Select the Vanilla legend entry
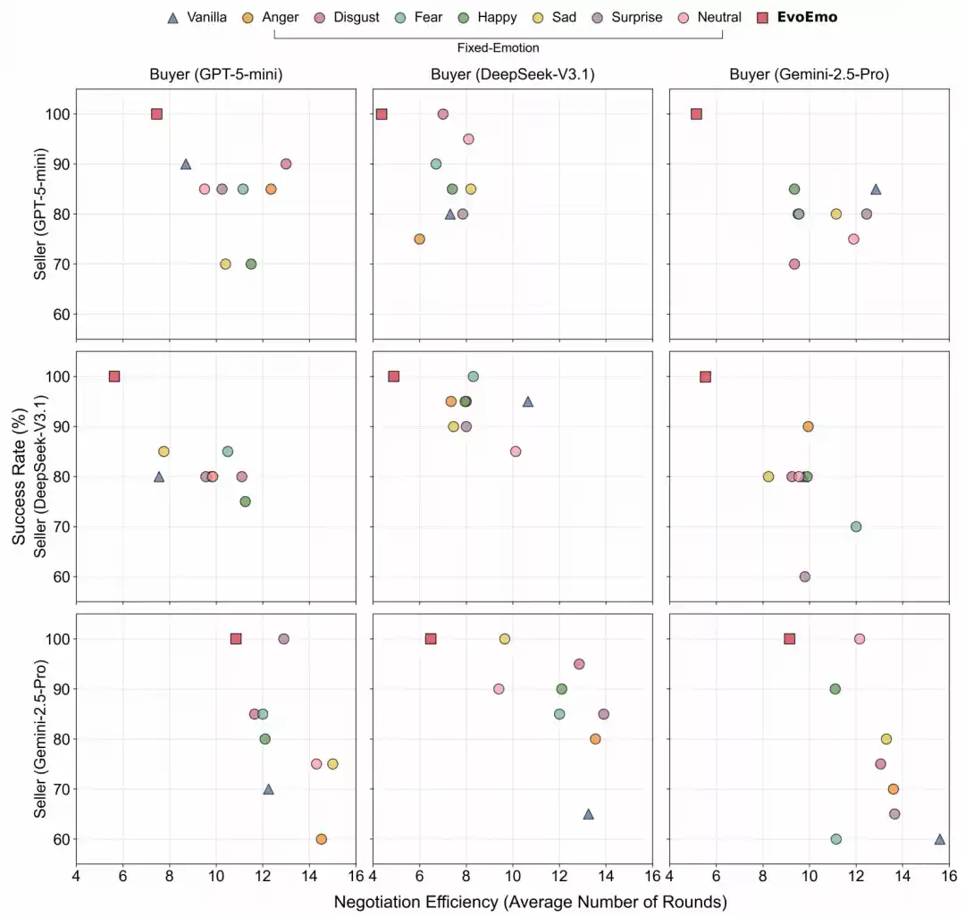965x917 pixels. [198, 17]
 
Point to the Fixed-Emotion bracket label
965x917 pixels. [498, 47]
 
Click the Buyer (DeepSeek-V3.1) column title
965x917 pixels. [512, 74]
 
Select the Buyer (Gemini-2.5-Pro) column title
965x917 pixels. [809, 74]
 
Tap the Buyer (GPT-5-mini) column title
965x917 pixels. [215, 74]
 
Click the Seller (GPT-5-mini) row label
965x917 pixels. [40, 214]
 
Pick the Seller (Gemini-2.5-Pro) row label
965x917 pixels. [40, 738]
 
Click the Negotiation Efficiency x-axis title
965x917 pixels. [530, 902]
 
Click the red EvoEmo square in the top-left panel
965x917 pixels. [156, 114]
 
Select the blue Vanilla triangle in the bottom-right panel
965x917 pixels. [939, 838]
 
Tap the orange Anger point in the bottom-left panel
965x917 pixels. [321, 839]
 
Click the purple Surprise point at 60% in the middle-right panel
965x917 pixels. [804, 576]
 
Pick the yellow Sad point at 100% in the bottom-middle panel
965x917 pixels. [504, 639]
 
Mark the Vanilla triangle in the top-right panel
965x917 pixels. [876, 189]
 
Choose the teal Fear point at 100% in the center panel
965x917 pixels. [473, 376]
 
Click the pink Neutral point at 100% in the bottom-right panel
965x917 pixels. [859, 639]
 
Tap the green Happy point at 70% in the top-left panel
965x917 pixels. [251, 264]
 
